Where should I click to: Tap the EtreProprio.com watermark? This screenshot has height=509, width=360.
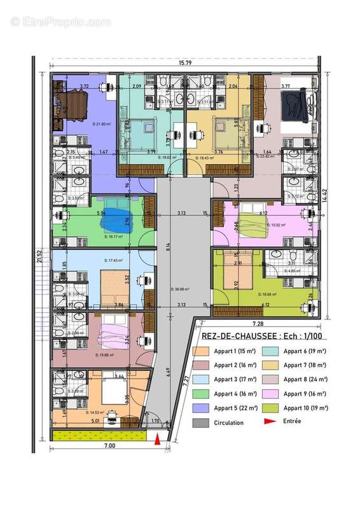(61, 22)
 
